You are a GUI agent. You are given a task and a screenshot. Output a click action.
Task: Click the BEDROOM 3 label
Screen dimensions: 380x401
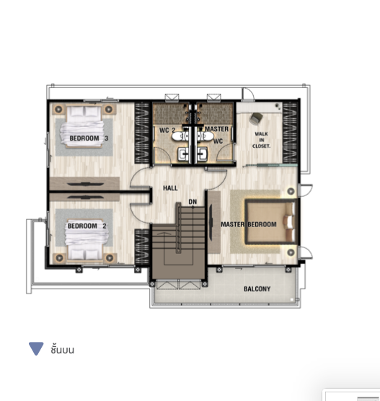[x=89, y=138]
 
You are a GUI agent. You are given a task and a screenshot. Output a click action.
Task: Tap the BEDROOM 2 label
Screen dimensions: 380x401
[x=87, y=226]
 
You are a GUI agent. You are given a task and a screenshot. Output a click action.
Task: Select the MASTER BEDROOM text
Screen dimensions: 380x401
[x=249, y=224]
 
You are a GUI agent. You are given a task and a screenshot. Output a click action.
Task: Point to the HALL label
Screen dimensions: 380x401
[x=170, y=188]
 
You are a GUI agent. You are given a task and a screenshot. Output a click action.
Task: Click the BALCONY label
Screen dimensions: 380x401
[x=257, y=289]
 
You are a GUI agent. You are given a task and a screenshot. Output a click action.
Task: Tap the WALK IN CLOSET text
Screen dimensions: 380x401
[x=261, y=140]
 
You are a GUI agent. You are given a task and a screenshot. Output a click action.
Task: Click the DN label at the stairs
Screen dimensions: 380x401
[x=193, y=202]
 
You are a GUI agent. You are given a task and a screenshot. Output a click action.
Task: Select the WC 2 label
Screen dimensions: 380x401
[x=167, y=130]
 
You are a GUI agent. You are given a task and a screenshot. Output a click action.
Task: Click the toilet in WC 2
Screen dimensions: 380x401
[x=180, y=136]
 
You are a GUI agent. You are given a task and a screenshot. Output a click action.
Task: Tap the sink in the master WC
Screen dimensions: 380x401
[x=202, y=154]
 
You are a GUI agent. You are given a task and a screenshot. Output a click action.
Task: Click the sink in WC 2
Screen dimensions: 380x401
[x=183, y=154]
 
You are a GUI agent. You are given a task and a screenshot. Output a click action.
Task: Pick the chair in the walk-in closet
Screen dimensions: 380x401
[x=256, y=118]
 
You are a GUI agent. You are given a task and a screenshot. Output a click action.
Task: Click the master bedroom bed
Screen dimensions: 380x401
[x=271, y=221]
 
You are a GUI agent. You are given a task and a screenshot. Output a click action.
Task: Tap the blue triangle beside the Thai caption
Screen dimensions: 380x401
[x=36, y=348]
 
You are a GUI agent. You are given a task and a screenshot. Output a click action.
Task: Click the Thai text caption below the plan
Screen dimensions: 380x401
[x=63, y=349]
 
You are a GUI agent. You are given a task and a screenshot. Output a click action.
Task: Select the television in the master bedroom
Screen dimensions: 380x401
[x=211, y=222]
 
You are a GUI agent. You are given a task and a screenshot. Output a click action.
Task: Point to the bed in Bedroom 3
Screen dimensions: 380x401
[x=84, y=127]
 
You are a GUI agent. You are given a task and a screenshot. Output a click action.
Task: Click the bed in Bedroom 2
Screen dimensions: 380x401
[x=87, y=239]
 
